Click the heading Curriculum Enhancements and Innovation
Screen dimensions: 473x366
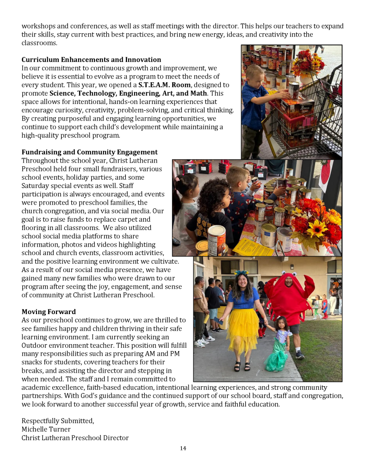click(x=91, y=60)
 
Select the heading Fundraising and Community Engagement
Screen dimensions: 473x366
click(x=89, y=152)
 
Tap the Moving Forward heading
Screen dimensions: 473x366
click(x=49, y=312)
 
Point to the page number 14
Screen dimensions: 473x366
click(x=183, y=448)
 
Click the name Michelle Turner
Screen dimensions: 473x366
click(x=46, y=429)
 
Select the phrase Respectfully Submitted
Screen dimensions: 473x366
click(x=57, y=421)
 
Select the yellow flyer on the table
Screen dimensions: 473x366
click(x=253, y=247)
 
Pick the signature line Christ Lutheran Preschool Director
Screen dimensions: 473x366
click(x=75, y=437)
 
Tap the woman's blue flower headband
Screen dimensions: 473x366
click(x=242, y=273)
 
